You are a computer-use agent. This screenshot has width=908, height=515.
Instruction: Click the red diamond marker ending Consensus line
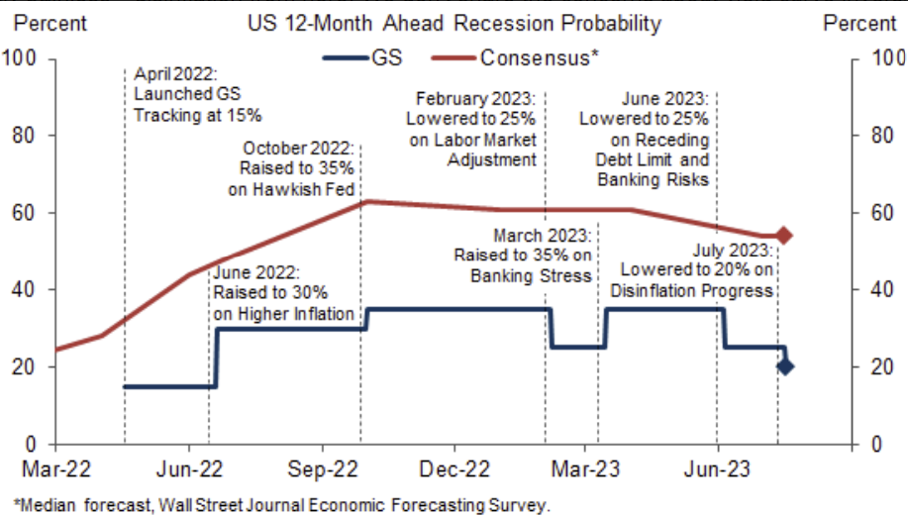tap(783, 236)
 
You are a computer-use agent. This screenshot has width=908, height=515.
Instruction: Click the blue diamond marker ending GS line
tap(784, 366)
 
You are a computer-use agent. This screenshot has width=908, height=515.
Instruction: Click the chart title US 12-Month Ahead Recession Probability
tap(454, 23)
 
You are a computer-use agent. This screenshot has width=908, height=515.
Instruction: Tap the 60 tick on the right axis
tap(877, 213)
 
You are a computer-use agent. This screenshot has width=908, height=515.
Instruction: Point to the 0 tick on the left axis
tap(31, 444)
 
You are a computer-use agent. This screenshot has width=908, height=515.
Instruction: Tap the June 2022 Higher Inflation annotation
tap(283, 293)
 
